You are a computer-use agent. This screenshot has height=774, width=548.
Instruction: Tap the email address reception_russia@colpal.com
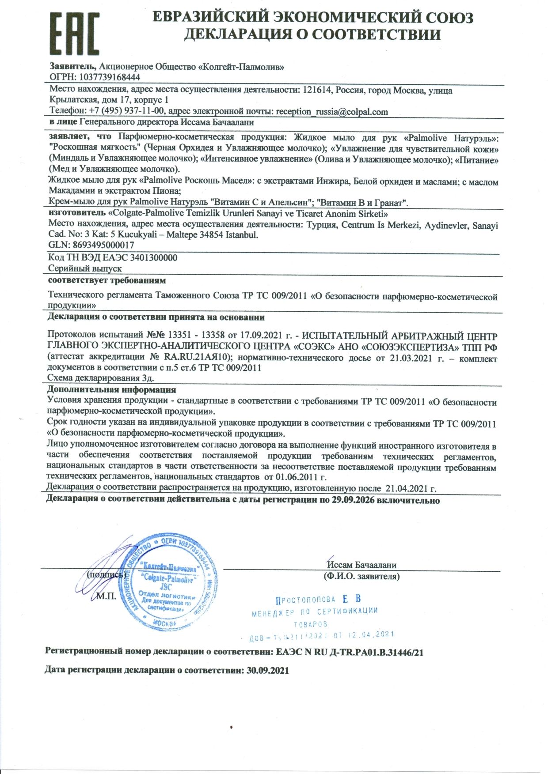pyautogui.click(x=332, y=112)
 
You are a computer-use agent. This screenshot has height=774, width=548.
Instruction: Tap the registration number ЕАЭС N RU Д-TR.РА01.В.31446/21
pyautogui.click(x=349, y=652)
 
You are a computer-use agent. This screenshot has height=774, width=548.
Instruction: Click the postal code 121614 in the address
pyautogui.click(x=317, y=91)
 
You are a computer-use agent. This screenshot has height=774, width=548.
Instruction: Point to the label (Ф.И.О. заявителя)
pyautogui.click(x=362, y=576)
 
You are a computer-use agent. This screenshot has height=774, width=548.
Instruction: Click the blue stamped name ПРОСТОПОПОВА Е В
pyautogui.click(x=319, y=599)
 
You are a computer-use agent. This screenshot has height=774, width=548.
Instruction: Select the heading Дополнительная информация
pyautogui.click(x=111, y=390)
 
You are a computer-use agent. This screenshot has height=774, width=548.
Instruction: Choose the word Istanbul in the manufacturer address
pyautogui.click(x=242, y=235)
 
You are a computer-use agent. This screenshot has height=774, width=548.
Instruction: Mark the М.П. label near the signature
pyautogui.click(x=106, y=596)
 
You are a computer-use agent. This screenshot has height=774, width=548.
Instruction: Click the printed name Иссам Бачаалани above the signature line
pyautogui.click(x=362, y=565)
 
